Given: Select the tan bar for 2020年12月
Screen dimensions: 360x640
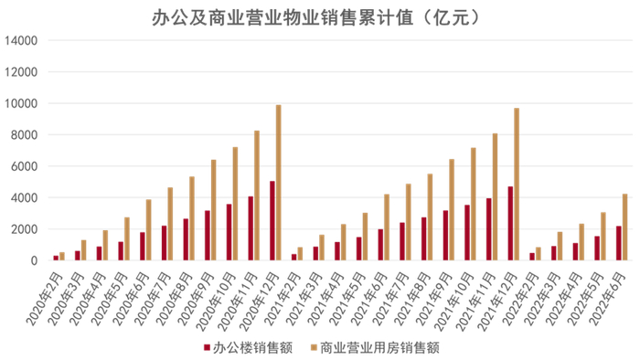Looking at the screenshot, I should [279, 183].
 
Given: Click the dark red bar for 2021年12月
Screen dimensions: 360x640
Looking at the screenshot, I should [510, 224].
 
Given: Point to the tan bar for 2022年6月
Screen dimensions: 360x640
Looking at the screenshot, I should [625, 228].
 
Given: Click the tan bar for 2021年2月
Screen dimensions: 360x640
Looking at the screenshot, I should [300, 254].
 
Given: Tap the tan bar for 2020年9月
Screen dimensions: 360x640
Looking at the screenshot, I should [214, 210].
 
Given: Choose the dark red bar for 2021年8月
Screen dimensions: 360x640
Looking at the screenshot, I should [423, 238].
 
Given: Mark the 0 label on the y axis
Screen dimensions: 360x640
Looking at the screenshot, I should [33, 260].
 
